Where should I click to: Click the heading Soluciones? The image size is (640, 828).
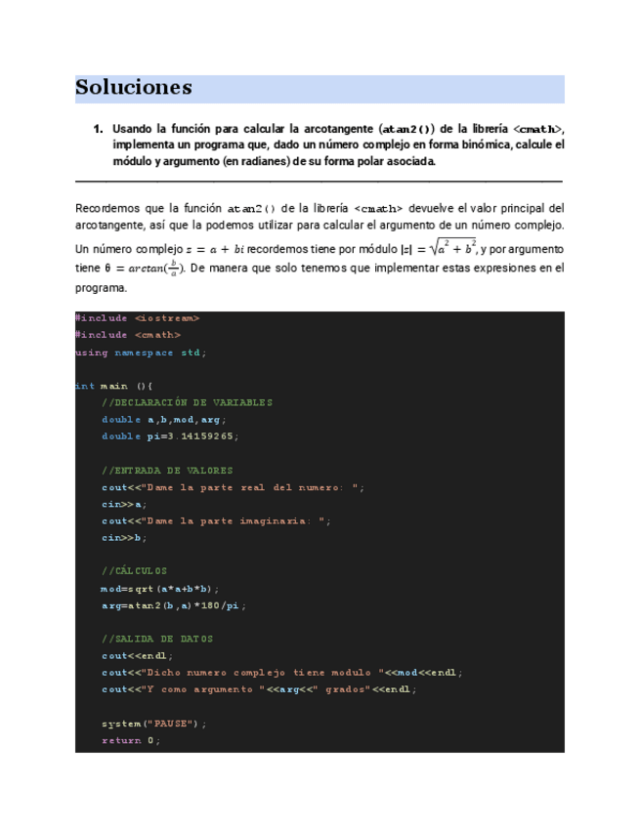133,88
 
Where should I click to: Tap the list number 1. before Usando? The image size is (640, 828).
98,129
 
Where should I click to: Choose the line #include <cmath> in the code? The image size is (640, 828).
128,335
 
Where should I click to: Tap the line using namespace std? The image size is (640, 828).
141,352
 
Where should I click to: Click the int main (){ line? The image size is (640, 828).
113,386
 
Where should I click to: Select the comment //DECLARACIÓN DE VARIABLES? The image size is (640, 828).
187,402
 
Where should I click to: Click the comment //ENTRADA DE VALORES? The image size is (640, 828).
167,470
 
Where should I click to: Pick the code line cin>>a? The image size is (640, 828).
124,504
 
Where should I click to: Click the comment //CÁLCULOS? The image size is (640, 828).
134,571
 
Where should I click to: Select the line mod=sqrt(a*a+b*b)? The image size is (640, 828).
159,589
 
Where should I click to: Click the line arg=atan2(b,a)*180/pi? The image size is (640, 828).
173,605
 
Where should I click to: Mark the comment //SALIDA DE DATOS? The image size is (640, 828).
157,639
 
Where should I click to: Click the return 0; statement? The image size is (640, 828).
130,740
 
